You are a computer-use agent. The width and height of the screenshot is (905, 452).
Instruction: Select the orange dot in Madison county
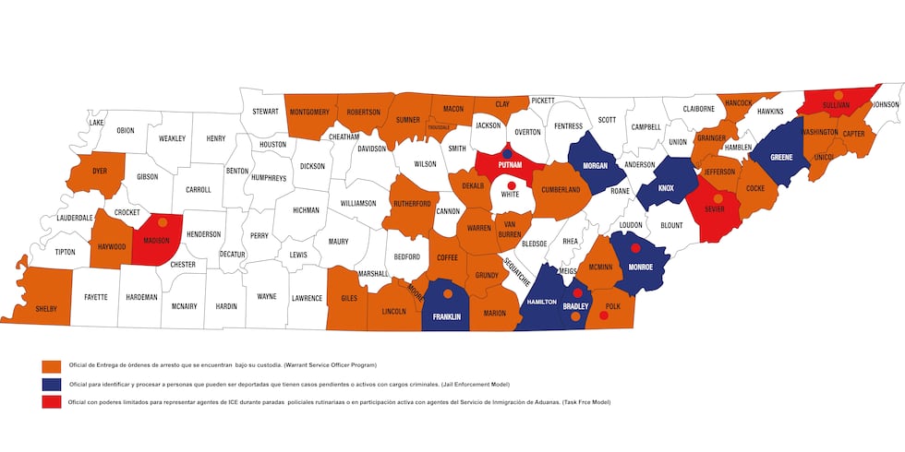pyautogui.click(x=163, y=222)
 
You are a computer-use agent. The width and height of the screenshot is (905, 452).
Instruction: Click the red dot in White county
pyautogui.click(x=511, y=185)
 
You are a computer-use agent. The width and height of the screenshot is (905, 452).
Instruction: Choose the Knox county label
pyautogui.click(x=667, y=188)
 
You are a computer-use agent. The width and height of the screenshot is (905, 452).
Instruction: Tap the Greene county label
pyautogui.click(x=781, y=157)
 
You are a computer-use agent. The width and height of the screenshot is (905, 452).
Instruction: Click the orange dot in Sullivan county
pyautogui.click(x=838, y=95)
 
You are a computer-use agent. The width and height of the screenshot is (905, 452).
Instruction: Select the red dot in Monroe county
pyautogui.click(x=635, y=249)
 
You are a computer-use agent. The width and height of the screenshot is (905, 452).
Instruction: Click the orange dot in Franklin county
pyautogui.click(x=448, y=294)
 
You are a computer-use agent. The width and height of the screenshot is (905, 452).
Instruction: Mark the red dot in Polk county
pyautogui.click(x=604, y=315)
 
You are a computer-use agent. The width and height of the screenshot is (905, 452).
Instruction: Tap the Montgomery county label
pyautogui.click(x=309, y=113)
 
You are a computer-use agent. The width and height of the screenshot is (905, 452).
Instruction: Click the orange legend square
pyautogui.click(x=52, y=366)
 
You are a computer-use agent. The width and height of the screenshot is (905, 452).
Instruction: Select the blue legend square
pyautogui.click(x=52, y=384)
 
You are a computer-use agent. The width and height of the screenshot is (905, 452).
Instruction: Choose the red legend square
pyautogui.click(x=52, y=401)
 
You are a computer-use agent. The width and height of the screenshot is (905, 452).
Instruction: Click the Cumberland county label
pyautogui.click(x=561, y=190)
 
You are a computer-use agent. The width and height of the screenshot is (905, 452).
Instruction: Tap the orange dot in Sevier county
pyautogui.click(x=718, y=198)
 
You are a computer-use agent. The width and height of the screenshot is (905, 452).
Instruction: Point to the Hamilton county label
pyautogui.click(x=540, y=303)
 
